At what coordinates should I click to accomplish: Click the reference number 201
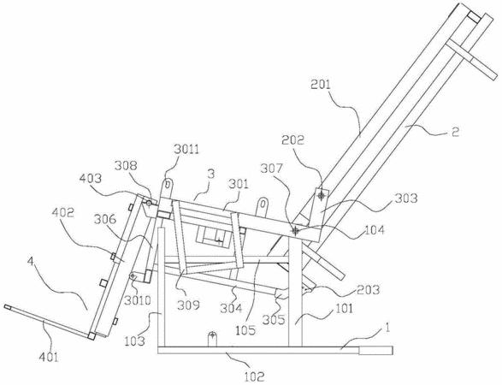pyautogui.click(x=320, y=85)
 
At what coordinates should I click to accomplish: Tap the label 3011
pyautogui.click(x=186, y=149)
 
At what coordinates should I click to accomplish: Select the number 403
pyautogui.click(x=91, y=179)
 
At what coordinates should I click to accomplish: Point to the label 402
pyautogui.click(x=63, y=213)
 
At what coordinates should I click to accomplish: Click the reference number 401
pyautogui.click(x=49, y=357)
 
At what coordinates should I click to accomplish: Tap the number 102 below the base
pyautogui.click(x=255, y=376)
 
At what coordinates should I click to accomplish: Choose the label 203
pyautogui.click(x=369, y=289)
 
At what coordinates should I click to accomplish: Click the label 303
pyautogui.click(x=406, y=198)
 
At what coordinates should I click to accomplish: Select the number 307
pyautogui.click(x=272, y=169)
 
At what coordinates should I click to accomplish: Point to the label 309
pyautogui.click(x=188, y=305)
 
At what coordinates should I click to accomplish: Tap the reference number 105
pyautogui.click(x=245, y=329)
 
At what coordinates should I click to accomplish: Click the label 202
pyautogui.click(x=293, y=140)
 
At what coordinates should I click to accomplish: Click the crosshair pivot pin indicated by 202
pyautogui.click(x=321, y=195)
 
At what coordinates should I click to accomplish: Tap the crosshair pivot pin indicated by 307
pyautogui.click(x=296, y=231)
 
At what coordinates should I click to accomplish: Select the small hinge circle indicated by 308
pyautogui.click(x=149, y=203)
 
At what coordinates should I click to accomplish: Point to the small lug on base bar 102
pyautogui.click(x=212, y=339)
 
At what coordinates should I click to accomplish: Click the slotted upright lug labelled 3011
pyautogui.click(x=167, y=188)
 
